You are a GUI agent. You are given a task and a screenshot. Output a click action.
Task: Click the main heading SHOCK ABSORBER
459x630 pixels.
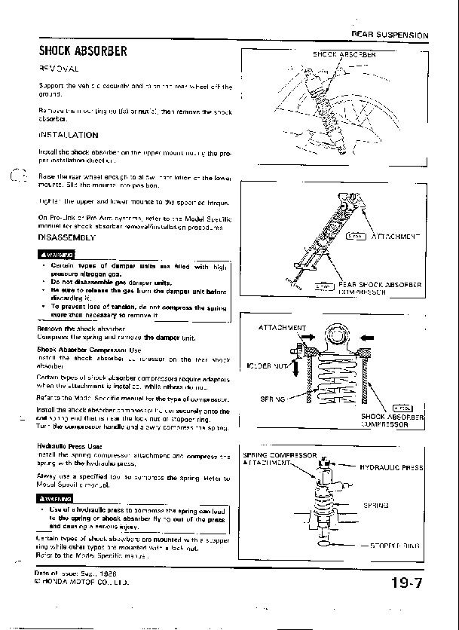pyautogui.click(x=83, y=51)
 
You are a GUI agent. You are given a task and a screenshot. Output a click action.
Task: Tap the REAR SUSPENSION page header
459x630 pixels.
pyautogui.click(x=389, y=35)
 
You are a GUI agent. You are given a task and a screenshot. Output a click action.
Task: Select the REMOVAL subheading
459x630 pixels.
pyautogui.click(x=59, y=69)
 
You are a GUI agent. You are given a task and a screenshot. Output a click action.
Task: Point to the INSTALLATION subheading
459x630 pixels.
pyautogui.click(x=68, y=135)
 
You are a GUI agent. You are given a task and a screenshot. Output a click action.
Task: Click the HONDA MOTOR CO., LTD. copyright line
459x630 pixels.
pyautogui.click(x=83, y=583)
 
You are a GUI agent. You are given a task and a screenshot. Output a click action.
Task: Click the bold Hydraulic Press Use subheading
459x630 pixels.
pyautogui.click(x=69, y=446)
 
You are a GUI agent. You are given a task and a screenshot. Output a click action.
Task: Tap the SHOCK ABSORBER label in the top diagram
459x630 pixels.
pyautogui.click(x=344, y=54)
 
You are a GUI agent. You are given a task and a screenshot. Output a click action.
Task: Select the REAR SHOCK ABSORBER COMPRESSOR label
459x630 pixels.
pyautogui.click(x=379, y=288)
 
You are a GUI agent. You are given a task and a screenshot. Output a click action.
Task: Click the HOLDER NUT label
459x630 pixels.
pyautogui.click(x=269, y=365)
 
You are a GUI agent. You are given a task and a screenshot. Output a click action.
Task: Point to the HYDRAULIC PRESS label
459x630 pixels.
pyautogui.click(x=391, y=468)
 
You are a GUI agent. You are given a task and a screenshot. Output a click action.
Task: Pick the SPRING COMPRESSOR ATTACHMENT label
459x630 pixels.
pyautogui.click(x=279, y=459)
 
